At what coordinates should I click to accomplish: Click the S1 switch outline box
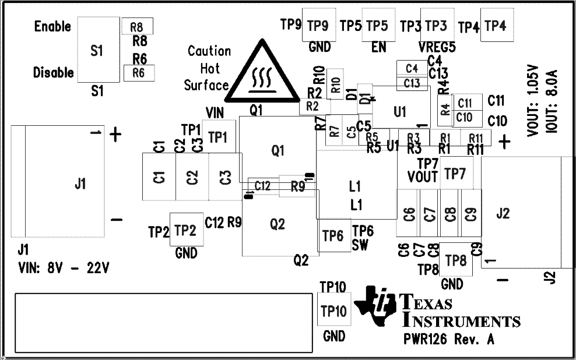97,50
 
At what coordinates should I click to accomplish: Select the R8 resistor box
137,26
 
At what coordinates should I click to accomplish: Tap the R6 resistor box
138,73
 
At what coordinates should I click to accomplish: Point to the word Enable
52,26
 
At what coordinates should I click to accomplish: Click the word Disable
53,73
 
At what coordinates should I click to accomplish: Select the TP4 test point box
497,25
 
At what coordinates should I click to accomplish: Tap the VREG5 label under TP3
437,48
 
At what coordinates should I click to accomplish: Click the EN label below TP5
378,48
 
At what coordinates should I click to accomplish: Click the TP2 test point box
185,230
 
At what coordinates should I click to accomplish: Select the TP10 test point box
334,309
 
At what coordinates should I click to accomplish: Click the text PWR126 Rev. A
448,340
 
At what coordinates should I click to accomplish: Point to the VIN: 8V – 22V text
64,269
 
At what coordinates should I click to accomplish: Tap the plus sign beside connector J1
115,135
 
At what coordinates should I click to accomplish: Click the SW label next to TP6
360,245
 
